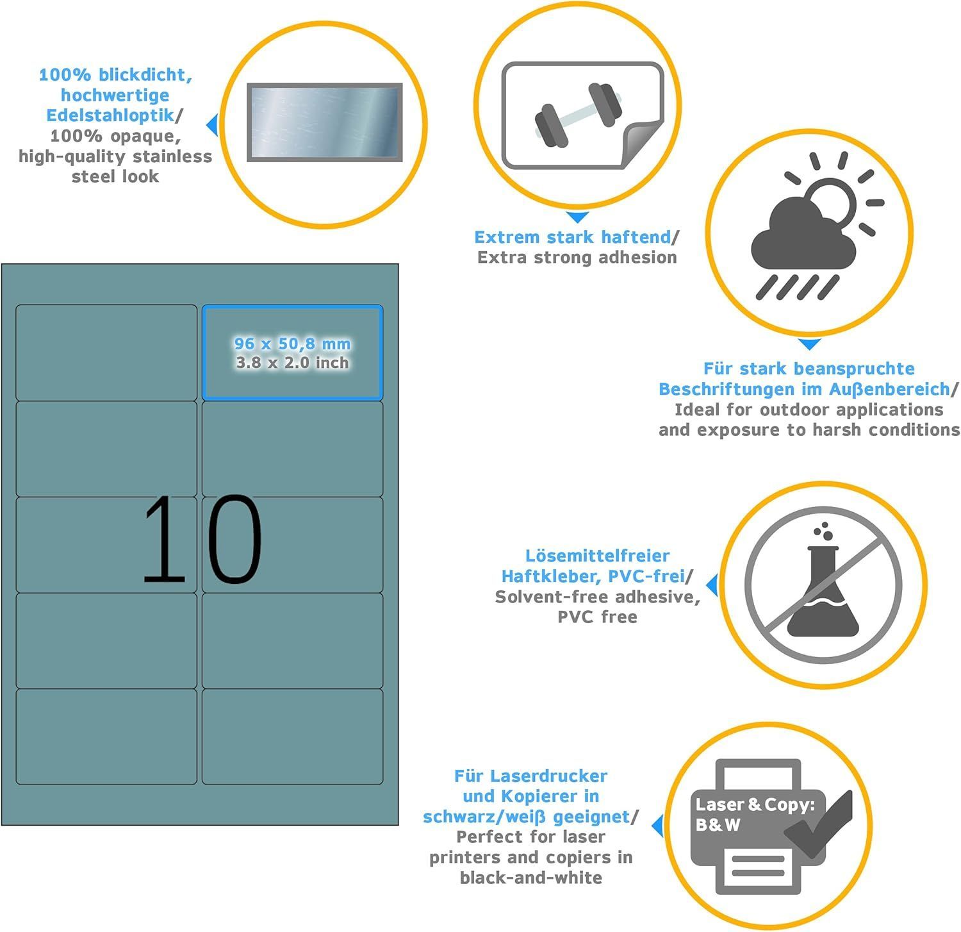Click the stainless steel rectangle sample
pos(325,122)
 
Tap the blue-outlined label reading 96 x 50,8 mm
pos(292,353)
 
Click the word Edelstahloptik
pos(110,115)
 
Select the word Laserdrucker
pos(548,776)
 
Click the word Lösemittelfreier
pos(597,555)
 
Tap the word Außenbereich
pos(889,389)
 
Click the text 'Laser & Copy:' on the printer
pos(755,804)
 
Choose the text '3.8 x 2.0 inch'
pos(292,363)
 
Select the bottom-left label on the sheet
pos(106,736)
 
